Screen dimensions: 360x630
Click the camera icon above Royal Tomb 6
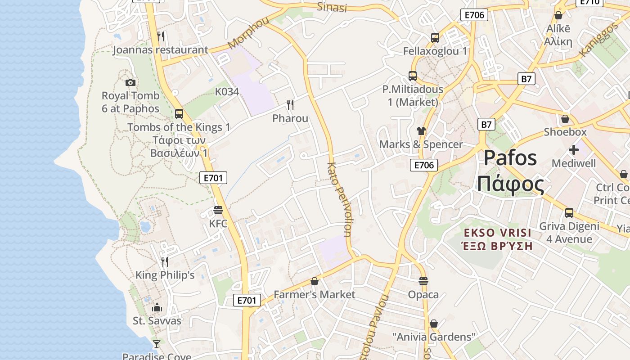point(130,82)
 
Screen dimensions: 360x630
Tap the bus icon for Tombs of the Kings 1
point(179,114)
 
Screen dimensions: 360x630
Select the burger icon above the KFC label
point(218,210)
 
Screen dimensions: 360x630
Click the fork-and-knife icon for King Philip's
point(165,261)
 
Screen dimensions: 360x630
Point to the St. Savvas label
point(157,321)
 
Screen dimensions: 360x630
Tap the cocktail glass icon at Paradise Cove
point(157,344)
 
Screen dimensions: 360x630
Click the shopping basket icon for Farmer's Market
point(315,282)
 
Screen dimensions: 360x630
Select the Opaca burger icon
point(423,282)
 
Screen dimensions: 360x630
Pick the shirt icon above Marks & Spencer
point(421,131)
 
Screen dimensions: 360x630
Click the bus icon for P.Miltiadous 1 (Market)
point(413,76)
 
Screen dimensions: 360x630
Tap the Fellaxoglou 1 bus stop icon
point(435,38)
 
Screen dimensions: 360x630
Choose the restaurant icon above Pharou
point(290,105)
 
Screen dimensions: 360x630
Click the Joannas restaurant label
point(160,49)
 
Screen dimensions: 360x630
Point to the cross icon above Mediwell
point(574,149)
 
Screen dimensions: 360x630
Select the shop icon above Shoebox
point(565,119)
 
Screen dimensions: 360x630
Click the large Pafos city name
point(510,158)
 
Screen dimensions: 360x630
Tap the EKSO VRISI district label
point(498,233)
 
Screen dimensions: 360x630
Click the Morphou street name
point(248,33)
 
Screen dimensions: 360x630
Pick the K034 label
point(227,92)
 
